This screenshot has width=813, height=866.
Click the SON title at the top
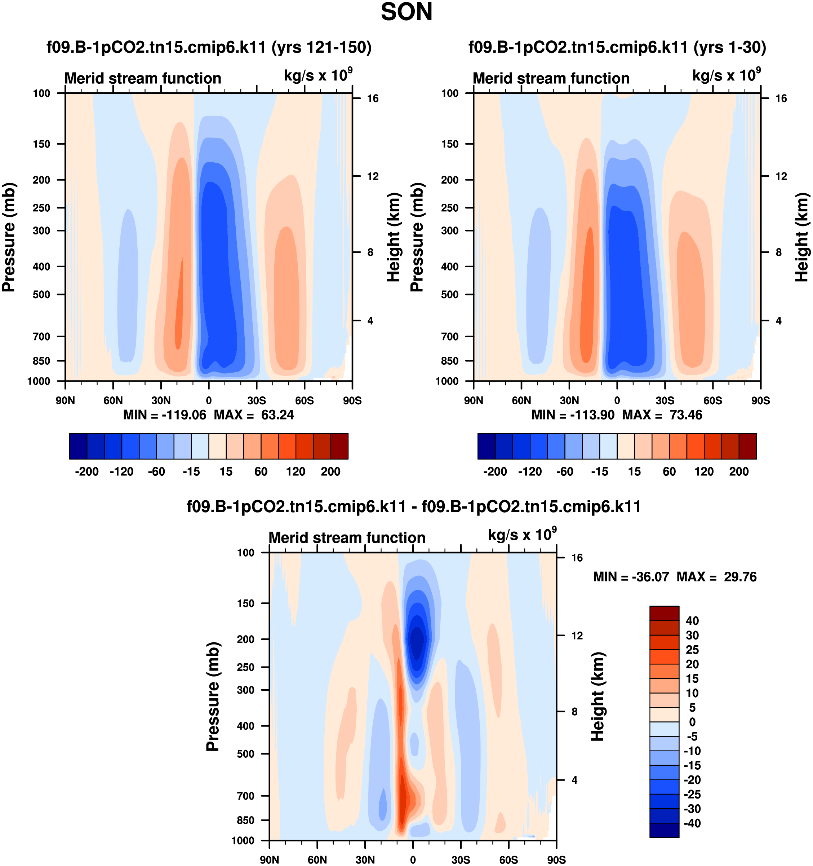(406, 12)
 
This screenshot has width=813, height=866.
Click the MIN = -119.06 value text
(165, 415)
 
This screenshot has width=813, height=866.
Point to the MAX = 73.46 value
(662, 415)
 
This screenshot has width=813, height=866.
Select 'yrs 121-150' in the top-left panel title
(321, 47)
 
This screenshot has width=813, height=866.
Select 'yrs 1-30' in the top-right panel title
(729, 47)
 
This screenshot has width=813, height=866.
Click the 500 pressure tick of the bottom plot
(245, 753)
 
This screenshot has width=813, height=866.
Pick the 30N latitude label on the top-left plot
(161, 401)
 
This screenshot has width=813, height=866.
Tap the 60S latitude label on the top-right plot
(712, 401)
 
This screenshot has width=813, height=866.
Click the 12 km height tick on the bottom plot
(577, 636)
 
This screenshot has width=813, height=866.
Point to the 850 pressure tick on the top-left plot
(41, 361)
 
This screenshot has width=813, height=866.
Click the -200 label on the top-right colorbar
(495, 471)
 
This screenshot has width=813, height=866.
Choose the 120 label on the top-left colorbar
(296, 471)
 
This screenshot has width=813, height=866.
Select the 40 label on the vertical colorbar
(692, 621)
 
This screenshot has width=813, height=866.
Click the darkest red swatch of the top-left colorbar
(339, 446)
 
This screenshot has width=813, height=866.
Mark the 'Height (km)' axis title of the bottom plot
(598, 696)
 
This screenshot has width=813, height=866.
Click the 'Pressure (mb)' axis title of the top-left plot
(9, 237)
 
